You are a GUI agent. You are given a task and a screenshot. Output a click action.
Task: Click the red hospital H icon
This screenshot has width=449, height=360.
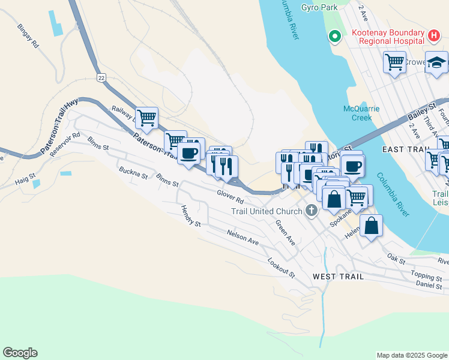[435, 36]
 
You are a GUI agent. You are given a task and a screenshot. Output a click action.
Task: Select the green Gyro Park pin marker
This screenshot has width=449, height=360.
[334, 37]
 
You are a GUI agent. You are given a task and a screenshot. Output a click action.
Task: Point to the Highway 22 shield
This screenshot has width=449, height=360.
[101, 77]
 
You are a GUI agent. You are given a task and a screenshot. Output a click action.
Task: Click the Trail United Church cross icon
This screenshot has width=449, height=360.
[311, 211]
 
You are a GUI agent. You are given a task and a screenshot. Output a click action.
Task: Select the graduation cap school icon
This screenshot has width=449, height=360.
[436, 62]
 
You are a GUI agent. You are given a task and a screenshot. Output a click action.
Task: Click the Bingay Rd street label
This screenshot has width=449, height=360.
[28, 35]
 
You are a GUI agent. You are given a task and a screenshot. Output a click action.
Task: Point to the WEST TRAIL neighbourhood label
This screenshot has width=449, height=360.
[335, 276]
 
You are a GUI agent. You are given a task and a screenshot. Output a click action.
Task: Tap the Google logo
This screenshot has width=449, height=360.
[20, 353]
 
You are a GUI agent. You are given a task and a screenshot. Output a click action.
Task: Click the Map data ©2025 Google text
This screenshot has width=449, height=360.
[411, 355]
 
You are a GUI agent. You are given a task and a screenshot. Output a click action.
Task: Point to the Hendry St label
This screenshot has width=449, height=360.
[190, 215]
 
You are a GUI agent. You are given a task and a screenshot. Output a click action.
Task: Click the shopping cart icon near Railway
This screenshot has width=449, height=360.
[146, 117]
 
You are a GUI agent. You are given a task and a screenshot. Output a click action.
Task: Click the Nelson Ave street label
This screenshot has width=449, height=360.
[243, 237]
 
